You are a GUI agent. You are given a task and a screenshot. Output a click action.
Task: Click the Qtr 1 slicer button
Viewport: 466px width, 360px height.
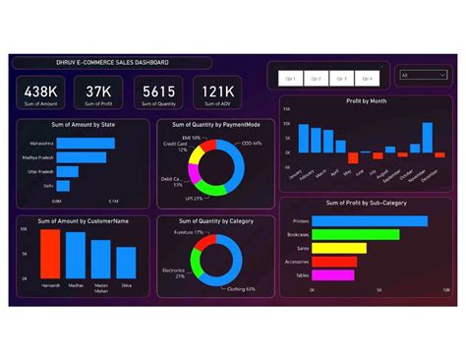(x=290, y=77)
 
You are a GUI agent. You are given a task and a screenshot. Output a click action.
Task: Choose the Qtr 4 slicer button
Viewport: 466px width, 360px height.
(x=367, y=77)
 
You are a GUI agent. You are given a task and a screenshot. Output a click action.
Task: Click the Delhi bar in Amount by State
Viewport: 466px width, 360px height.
(x=63, y=184)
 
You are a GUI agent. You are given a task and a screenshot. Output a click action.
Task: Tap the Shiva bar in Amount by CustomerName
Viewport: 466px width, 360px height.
(x=126, y=263)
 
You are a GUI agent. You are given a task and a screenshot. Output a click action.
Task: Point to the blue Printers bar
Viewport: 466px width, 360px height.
(x=366, y=220)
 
